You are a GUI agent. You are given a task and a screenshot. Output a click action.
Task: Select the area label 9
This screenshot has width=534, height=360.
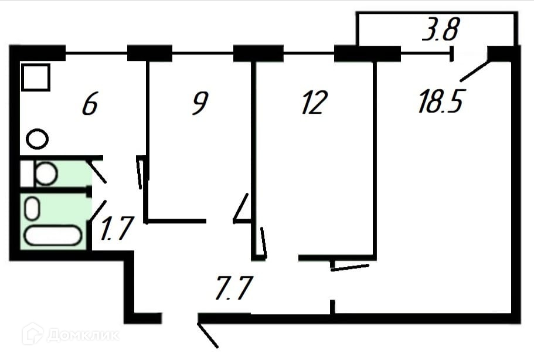click(x=199, y=104)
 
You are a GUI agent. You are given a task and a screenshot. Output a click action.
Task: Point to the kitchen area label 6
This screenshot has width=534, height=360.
click(x=89, y=105)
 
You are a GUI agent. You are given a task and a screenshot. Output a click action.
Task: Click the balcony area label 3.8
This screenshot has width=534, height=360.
click(x=439, y=30)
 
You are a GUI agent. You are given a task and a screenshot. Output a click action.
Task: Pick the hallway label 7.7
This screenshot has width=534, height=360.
click(x=233, y=290)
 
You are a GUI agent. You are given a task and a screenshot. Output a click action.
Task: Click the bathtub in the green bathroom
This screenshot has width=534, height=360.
click(x=52, y=236)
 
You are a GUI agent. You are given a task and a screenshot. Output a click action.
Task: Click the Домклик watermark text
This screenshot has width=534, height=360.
click(x=82, y=335)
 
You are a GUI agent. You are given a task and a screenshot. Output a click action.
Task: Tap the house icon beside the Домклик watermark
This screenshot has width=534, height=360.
click(x=32, y=335)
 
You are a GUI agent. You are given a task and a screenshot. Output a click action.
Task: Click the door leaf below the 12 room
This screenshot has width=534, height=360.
click(x=350, y=267)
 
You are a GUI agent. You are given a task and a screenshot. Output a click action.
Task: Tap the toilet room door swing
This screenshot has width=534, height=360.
click(x=97, y=171)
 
